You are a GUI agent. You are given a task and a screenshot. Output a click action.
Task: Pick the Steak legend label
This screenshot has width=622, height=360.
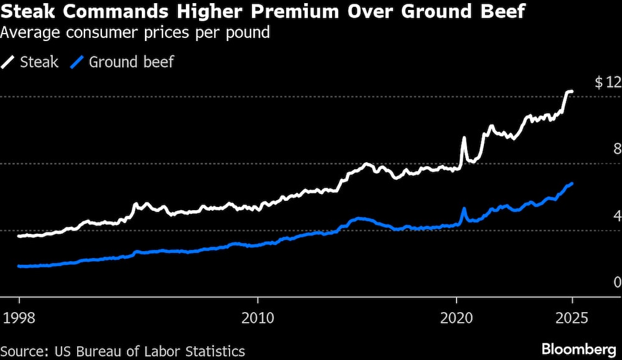(x=39, y=62)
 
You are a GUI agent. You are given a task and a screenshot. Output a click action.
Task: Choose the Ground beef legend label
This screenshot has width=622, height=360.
(x=131, y=62)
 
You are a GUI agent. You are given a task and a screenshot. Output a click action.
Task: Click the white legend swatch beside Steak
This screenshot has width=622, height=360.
(x=9, y=62)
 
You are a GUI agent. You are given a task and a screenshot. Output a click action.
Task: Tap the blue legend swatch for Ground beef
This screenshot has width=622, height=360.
(x=78, y=62)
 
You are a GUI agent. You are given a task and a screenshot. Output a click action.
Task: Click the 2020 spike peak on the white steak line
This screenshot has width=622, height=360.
(x=463, y=138)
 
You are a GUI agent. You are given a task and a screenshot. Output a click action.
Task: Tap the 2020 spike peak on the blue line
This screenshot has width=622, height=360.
(x=463, y=209)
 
